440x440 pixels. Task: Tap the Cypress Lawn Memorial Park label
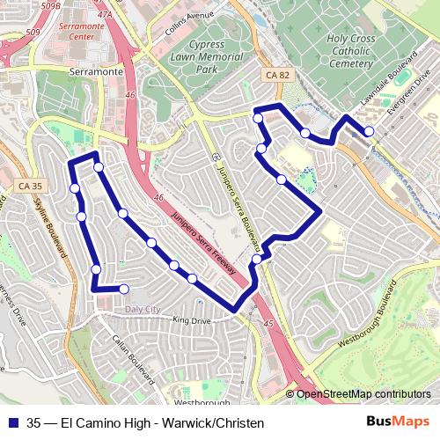coord(194,55)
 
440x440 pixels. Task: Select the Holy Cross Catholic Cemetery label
coord(362,51)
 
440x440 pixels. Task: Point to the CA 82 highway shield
coord(278,77)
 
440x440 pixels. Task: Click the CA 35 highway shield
coord(29,186)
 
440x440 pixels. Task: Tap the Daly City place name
coord(143,309)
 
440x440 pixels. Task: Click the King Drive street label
coord(193,320)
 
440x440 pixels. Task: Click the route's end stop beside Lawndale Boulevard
coord(369,131)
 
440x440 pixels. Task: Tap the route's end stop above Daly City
coord(124,289)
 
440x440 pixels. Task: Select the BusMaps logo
coord(397,422)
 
